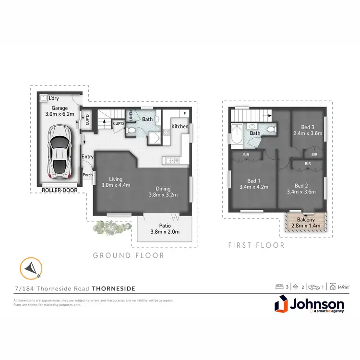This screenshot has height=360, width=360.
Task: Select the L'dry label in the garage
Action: click(x=53, y=98)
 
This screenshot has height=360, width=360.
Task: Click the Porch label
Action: click(x=88, y=175)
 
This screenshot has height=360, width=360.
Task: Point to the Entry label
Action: click(x=87, y=157)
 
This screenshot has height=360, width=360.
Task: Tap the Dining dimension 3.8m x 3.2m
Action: click(x=163, y=195)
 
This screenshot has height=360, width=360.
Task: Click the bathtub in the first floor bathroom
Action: click(x=237, y=135)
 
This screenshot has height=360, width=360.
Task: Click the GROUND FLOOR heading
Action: click(x=129, y=255)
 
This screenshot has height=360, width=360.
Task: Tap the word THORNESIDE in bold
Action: click(x=113, y=288)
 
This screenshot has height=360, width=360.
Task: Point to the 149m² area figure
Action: click(x=343, y=287)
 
